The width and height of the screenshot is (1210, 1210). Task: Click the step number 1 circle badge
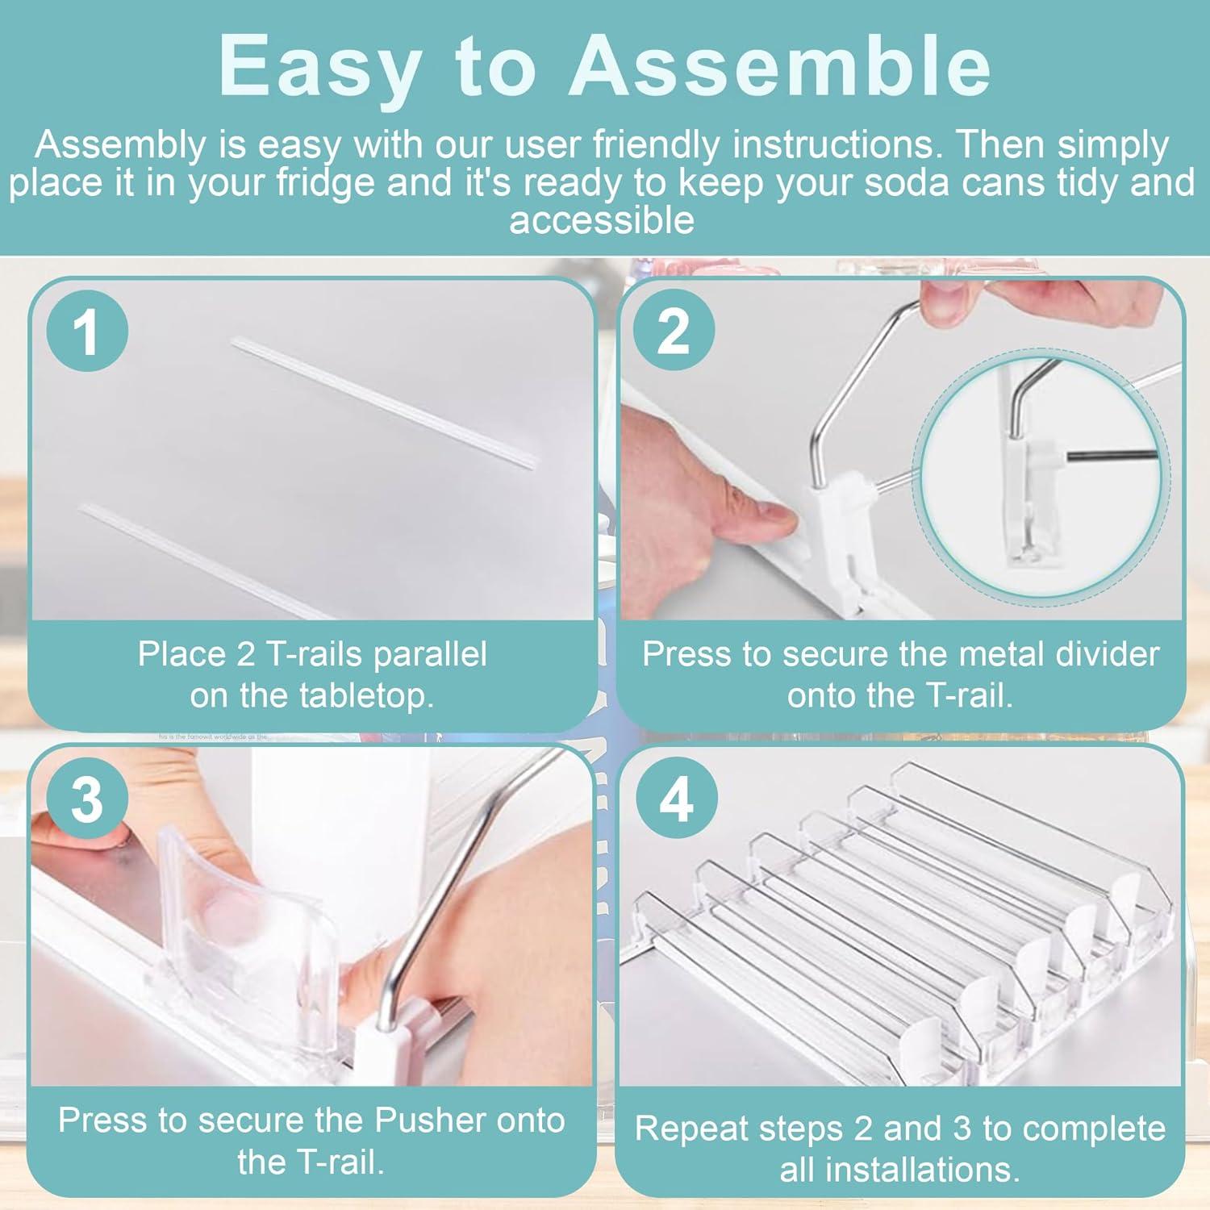tap(87, 332)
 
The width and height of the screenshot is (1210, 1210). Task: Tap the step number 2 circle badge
tap(674, 330)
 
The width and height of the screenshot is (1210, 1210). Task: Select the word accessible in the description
tap(602, 220)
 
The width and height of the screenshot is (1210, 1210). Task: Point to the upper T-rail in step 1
tap(386, 403)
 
